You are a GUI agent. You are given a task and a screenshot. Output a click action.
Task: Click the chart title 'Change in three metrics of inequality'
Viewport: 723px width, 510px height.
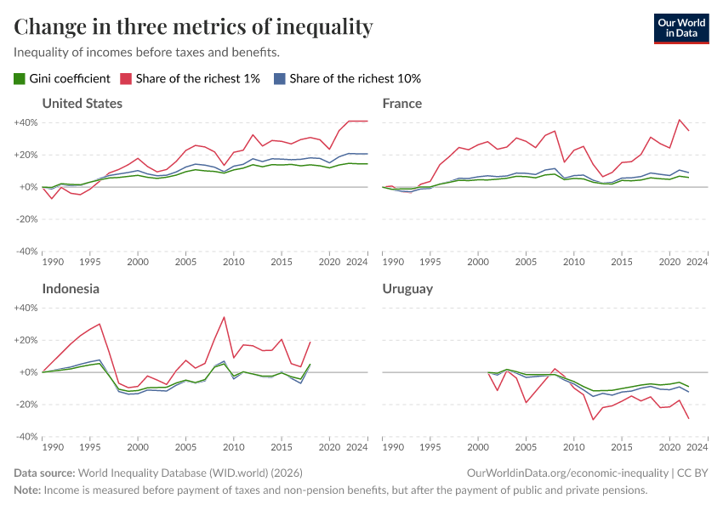coord(193,26)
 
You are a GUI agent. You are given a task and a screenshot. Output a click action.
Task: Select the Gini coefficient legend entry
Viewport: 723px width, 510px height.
coord(62,78)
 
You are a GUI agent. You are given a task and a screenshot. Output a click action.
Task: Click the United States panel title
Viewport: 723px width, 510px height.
coord(82,104)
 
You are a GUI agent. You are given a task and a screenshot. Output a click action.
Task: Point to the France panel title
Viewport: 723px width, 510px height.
coord(402,104)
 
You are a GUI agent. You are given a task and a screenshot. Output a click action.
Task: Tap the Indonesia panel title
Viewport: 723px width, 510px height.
coord(71,289)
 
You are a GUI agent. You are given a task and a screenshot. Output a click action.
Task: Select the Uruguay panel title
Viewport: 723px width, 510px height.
coord(407,289)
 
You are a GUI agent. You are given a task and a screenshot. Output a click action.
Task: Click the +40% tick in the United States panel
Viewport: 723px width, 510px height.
coord(25,122)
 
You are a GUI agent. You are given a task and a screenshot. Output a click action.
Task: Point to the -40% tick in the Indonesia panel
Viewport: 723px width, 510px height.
coord(25,437)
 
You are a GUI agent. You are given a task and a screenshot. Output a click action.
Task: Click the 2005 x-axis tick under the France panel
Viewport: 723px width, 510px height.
coord(526,263)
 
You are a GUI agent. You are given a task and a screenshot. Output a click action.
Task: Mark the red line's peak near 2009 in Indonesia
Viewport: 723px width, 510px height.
coord(224,317)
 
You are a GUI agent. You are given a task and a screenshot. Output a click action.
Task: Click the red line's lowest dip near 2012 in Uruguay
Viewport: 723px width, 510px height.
coord(594,419)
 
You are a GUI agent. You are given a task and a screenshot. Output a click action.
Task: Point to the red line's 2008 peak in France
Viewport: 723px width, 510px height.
coord(555,131)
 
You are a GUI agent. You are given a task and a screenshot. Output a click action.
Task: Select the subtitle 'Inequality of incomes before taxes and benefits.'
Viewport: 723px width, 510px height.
coord(147,53)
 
